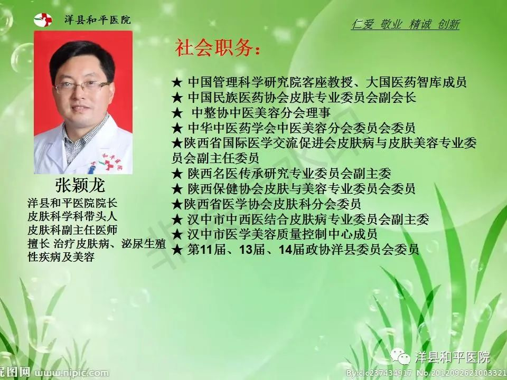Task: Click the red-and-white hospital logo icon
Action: pyautogui.click(x=43, y=20)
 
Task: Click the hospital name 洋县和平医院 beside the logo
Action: pyautogui.click(x=97, y=20)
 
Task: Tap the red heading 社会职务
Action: pyautogui.click(x=217, y=48)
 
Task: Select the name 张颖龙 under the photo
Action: pyautogui.click(x=80, y=185)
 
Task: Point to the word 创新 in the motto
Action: pyautogui.click(x=448, y=24)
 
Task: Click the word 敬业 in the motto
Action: pyautogui.click(x=391, y=24)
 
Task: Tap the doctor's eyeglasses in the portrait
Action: pyautogui.click(x=82, y=87)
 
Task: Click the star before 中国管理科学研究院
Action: pyautogui.click(x=177, y=82)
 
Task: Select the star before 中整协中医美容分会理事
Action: pyautogui.click(x=177, y=113)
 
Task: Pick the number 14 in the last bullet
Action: pyautogui.click(x=286, y=250)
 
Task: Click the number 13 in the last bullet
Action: pyautogui.click(x=246, y=250)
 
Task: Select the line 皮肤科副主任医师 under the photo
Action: pyautogui.click(x=72, y=230)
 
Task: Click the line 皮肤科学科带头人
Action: pyautogui.click(x=72, y=216)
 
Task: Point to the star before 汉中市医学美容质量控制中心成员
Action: pyautogui.click(x=177, y=234)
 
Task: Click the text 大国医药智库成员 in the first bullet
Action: pyautogui.click(x=416, y=82)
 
